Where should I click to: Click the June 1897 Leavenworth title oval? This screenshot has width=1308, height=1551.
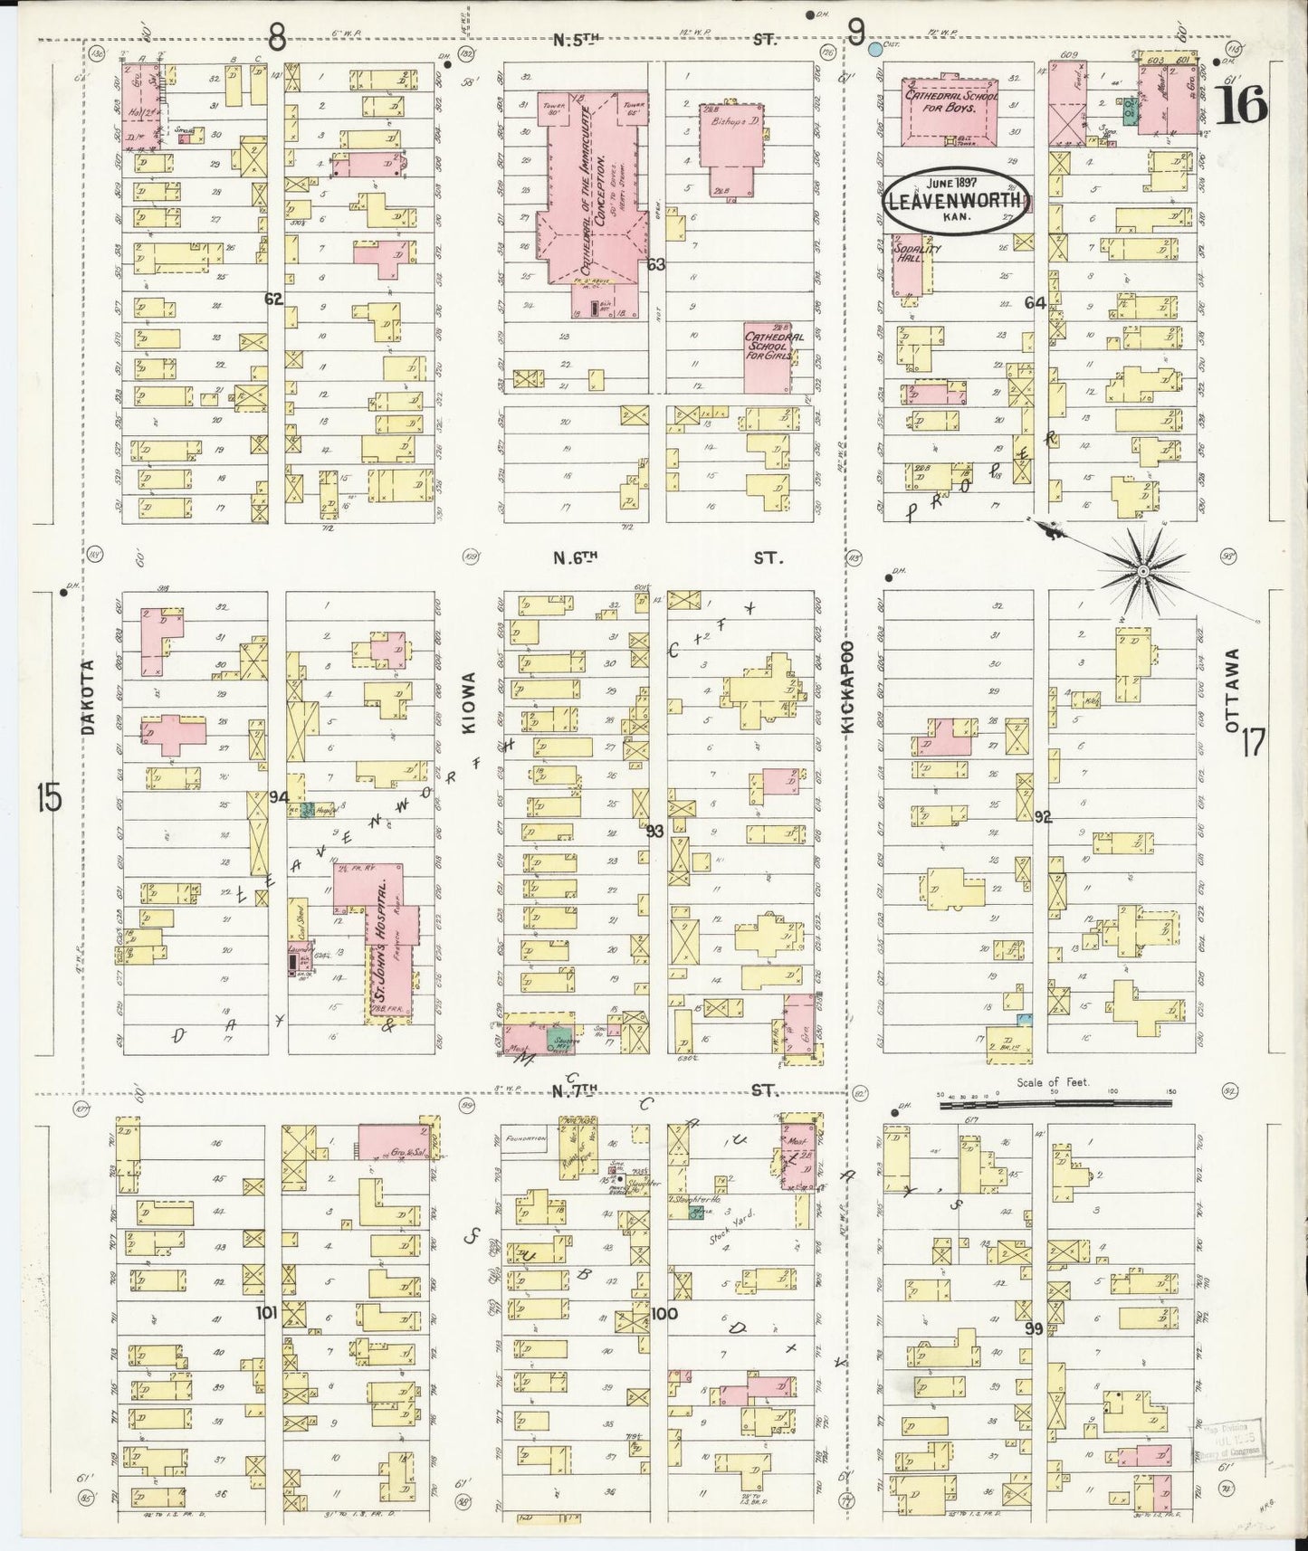(955, 200)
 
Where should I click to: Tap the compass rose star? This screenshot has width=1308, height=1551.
(1142, 571)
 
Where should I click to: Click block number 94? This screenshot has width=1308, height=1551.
(278, 797)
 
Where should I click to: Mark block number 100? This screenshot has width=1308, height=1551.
(664, 1312)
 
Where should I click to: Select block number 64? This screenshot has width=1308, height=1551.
(1035, 303)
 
